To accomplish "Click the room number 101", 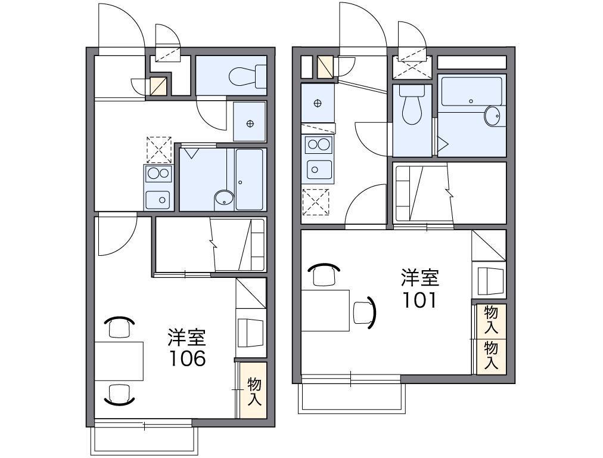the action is click(x=419, y=300).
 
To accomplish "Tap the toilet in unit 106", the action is click(x=247, y=76).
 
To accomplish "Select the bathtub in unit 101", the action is click(x=472, y=91).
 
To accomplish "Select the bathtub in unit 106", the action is click(x=250, y=180).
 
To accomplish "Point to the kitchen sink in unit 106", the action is click(x=158, y=200).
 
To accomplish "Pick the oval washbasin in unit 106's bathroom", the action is click(x=224, y=199).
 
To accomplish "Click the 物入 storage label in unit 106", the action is click(x=254, y=391).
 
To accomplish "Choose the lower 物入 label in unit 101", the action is click(x=491, y=355).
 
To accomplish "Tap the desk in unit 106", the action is click(x=119, y=361).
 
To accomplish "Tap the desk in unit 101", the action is click(x=325, y=311).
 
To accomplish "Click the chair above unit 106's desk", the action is click(x=119, y=327).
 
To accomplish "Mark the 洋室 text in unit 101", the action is click(x=420, y=278).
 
